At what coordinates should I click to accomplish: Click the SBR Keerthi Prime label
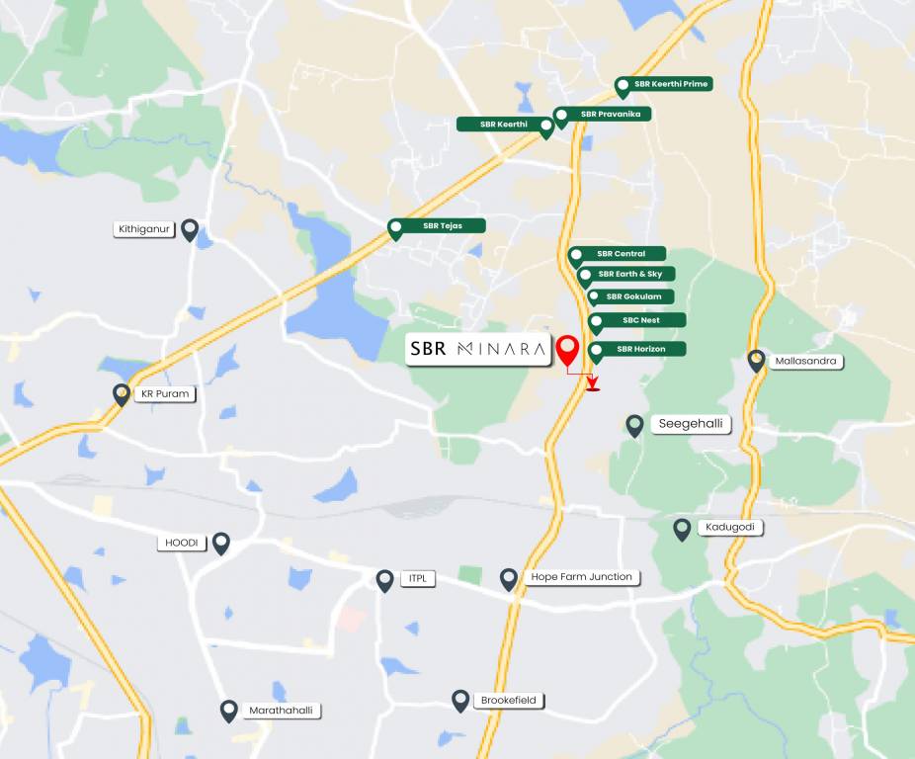672,84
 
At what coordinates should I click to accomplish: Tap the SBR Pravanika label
611,115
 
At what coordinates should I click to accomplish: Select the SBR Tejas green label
443,225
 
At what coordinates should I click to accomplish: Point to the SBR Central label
622,254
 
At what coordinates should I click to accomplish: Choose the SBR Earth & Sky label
629,274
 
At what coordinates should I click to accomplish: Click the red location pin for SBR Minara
567,351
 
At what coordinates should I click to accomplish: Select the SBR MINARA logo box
478,349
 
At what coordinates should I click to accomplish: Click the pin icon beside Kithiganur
190,230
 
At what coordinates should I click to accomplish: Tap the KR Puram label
164,393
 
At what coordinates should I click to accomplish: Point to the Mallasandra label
806,361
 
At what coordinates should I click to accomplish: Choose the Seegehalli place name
691,424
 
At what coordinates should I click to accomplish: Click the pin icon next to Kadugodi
682,529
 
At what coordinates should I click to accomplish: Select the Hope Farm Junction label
581,577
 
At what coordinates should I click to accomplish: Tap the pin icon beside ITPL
385,580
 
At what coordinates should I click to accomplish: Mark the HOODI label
182,543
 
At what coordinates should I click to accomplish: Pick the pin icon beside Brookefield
460,701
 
